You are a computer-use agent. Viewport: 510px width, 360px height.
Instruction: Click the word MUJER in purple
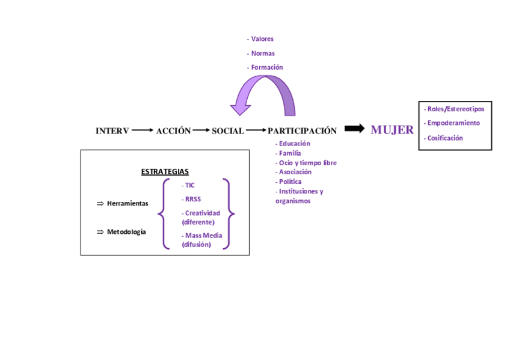pos(392,130)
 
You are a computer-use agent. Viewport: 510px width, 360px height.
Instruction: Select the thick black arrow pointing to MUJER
pos(355,129)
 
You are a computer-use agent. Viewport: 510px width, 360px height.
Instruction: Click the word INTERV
pos(112,131)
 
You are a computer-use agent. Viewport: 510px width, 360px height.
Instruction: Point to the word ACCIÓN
pos(173,131)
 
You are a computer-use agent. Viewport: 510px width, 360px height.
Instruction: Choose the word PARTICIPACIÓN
pos(302,131)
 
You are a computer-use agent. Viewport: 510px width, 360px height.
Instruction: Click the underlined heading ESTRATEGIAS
pos(165,172)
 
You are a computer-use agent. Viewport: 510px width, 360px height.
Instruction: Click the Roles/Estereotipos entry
pos(455,109)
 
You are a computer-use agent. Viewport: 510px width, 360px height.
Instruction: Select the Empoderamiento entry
pos(453,123)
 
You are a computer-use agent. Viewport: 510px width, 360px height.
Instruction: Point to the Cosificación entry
pos(444,138)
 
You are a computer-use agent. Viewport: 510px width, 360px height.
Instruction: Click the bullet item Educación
pos(293,144)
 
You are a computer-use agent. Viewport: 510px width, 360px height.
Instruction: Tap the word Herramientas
pos(127,204)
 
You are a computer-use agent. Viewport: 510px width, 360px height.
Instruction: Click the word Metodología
pos(126,232)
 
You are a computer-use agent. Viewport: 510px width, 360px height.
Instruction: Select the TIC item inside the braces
pos(189,186)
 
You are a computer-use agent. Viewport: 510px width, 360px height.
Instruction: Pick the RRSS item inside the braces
pos(192,199)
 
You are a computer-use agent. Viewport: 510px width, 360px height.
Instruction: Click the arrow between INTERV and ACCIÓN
pos(142,130)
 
